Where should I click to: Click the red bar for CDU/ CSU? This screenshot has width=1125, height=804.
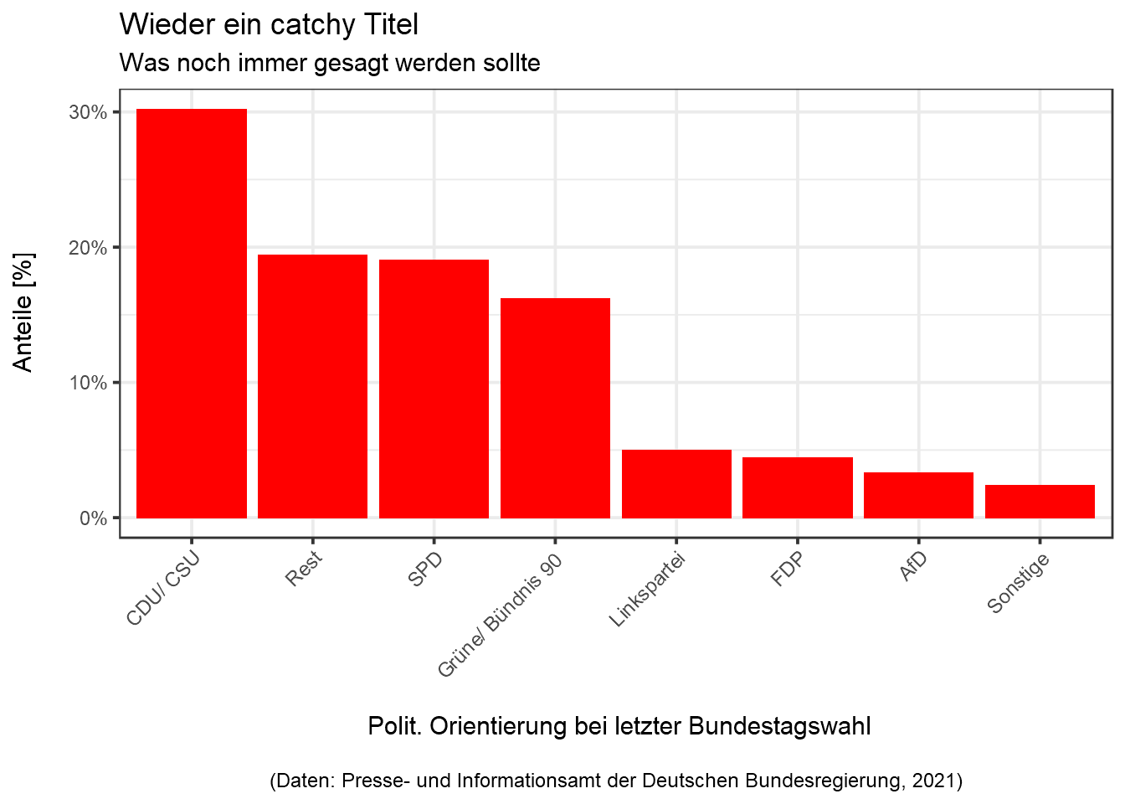pos(191,313)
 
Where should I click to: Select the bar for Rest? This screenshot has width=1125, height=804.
pos(312,386)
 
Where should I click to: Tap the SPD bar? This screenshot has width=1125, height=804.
pos(434,389)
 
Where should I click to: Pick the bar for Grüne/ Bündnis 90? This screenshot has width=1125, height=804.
pos(555,408)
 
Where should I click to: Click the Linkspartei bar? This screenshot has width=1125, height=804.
pos(676,484)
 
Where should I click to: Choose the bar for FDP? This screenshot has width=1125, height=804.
pos(797,487)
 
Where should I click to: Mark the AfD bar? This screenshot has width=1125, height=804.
pos(918,495)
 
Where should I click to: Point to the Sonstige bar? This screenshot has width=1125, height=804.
pos(1040,502)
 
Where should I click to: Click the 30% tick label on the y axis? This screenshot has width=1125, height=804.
pos(88,112)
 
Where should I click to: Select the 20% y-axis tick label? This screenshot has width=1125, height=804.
pos(88,248)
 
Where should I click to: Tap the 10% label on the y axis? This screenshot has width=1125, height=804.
pos(88,383)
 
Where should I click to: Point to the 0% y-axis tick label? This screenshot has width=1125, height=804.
pos(93,518)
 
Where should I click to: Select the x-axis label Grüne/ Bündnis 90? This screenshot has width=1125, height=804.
pos(501,616)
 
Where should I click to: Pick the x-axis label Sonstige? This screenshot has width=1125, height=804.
pos(1018,584)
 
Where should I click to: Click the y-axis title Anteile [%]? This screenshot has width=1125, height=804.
pos(23,312)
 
